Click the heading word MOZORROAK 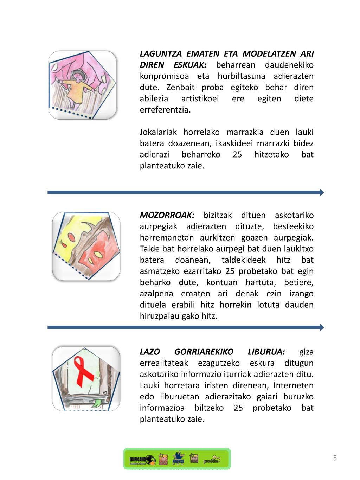tap(167, 215)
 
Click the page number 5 tap(335, 458)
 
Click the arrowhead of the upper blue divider tap(321, 192)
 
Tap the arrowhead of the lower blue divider tap(321, 327)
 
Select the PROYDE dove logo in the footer tap(179, 459)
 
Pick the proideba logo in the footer tap(212, 459)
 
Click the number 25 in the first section tap(237, 155)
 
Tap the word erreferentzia tap(165, 110)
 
